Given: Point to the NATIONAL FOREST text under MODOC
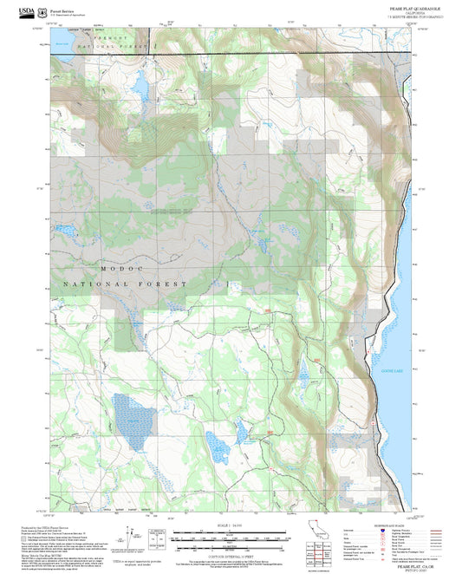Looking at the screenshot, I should pos(124,284).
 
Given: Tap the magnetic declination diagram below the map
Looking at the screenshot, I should pos(133,534).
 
